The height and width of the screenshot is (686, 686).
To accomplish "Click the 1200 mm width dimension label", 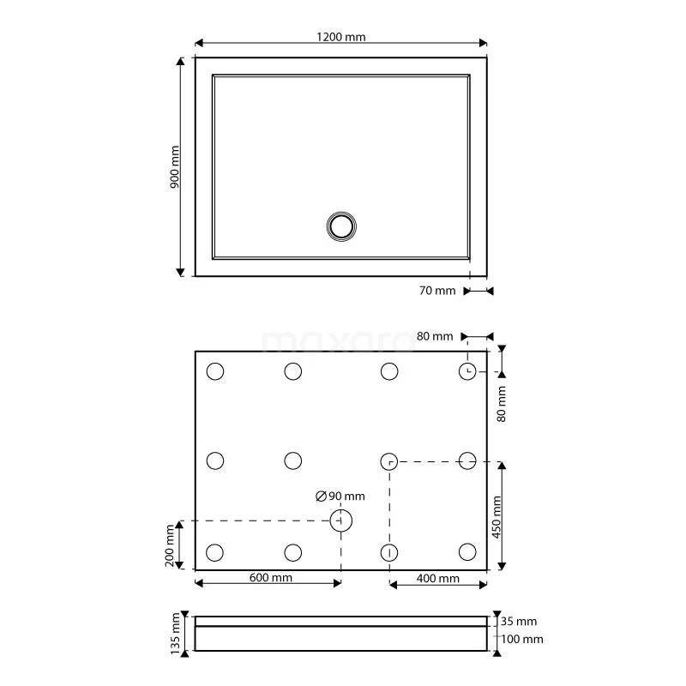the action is point(340,37).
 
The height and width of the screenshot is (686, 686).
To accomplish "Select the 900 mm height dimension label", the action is point(174,167).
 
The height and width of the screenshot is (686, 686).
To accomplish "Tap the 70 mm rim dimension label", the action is point(437,291).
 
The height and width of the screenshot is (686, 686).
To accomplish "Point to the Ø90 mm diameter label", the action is point(340,496).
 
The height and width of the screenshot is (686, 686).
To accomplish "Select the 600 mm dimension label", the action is point(270,577).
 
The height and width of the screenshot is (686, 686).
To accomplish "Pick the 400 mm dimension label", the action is point(437,578).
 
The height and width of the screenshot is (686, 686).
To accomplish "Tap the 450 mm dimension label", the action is point(496,517).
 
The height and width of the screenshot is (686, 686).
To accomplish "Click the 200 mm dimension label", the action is point(170,545).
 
